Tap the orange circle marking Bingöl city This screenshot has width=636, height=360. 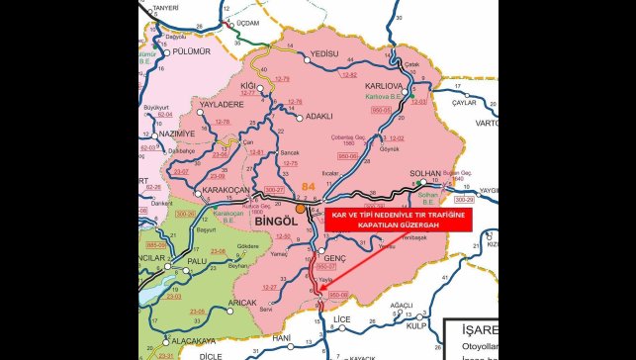300,209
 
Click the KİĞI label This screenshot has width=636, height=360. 250,87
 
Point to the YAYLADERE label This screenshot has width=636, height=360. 222,103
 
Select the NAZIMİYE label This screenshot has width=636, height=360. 177,132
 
